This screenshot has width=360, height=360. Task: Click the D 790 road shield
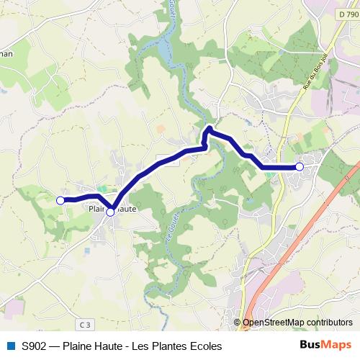(347, 14)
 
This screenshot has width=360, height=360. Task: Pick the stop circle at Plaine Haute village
(110, 212)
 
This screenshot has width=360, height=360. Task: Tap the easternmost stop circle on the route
(300, 167)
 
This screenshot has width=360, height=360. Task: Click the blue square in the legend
(10, 346)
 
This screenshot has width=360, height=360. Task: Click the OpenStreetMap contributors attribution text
(297, 323)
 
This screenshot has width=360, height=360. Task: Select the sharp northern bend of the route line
(209, 129)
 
